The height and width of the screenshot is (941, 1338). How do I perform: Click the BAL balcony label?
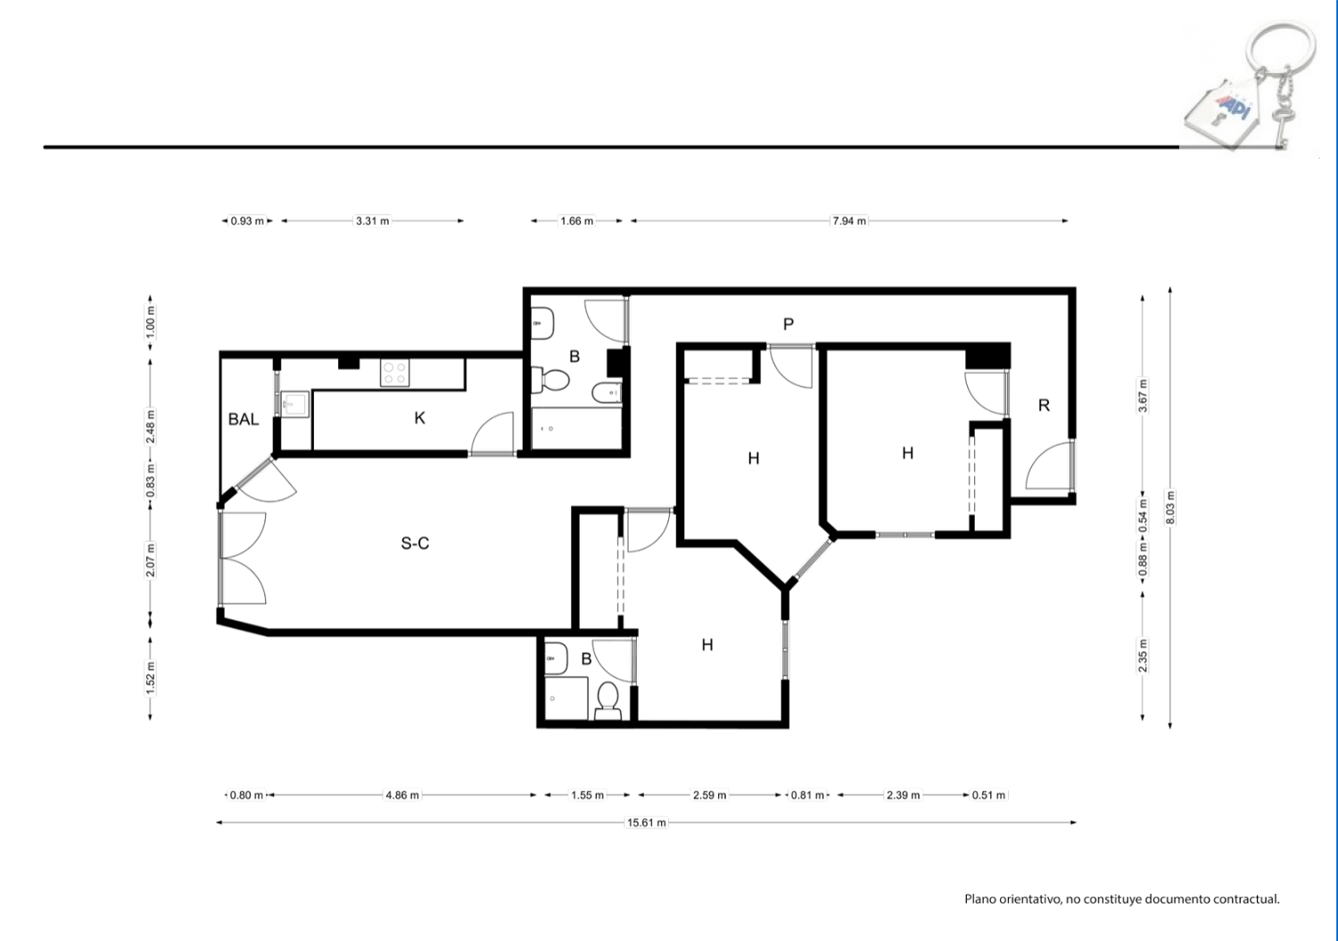pos(244,419)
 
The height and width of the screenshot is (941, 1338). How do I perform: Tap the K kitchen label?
pos(419,418)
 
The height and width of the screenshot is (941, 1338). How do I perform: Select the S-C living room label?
pos(415,543)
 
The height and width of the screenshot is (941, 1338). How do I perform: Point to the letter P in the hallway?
pos(789,325)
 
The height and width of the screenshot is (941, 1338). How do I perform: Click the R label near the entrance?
pos(1045,406)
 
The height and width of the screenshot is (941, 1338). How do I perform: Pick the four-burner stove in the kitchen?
pos(395,373)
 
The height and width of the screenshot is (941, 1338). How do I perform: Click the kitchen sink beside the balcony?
pos(294,404)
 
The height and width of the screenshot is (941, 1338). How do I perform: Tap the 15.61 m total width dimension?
pos(647,822)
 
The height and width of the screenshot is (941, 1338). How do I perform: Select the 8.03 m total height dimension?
pos(1170,508)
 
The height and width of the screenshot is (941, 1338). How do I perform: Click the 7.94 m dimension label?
pos(849,221)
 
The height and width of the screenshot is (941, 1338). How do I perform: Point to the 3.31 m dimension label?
pos(373,221)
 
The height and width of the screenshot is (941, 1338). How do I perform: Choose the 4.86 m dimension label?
pos(402,796)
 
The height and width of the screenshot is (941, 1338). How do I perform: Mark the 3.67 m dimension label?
pos(1143,395)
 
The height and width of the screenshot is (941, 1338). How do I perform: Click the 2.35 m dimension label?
pos(1143,656)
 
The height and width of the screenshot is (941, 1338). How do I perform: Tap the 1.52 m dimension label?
pos(150,679)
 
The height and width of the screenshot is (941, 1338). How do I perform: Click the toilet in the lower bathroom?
pos(608,701)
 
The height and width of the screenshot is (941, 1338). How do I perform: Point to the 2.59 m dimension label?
pos(710,796)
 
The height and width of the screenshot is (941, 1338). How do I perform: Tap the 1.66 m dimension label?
pos(577,221)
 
